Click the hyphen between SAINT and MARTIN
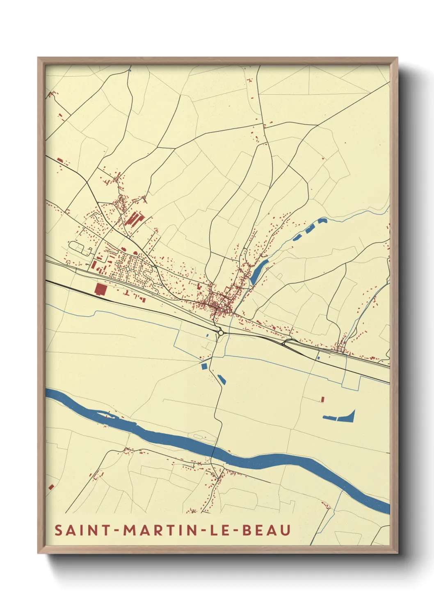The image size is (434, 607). [x=117, y=531]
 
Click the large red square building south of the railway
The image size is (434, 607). [x=101, y=289]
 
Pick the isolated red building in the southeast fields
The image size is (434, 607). [x=322, y=399]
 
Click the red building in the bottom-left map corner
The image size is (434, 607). [x=51, y=487]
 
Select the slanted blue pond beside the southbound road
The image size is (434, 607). [x=222, y=379]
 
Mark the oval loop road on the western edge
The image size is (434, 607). [x=80, y=248]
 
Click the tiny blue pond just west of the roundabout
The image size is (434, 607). [x=208, y=336]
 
